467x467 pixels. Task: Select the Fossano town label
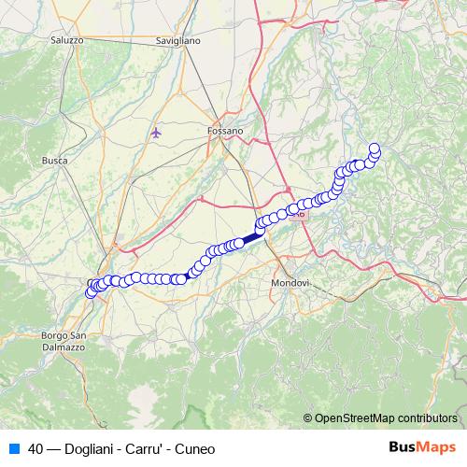(225, 132)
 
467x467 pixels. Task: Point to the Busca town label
(54, 161)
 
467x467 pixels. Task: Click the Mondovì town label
(289, 283)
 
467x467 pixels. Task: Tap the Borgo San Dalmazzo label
(64, 341)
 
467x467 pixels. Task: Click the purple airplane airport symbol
(156, 133)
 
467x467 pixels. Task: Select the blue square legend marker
(11, 447)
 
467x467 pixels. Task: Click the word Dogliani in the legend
(93, 448)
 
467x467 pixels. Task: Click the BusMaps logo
(423, 447)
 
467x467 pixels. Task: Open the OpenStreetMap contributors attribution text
(385, 417)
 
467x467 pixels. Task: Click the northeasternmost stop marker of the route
(375, 148)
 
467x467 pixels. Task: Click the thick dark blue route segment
(252, 238)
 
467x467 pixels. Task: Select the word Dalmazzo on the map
(64, 347)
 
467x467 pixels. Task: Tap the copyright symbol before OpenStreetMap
(307, 417)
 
